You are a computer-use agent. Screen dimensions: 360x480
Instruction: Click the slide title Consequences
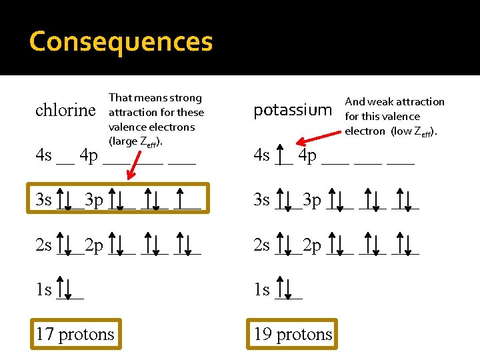(121, 42)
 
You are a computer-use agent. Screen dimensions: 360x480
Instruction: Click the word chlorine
(65, 110)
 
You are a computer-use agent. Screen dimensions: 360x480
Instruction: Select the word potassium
(292, 110)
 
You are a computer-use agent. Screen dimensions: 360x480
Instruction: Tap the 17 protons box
(75, 334)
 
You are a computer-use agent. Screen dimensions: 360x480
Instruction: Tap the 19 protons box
(293, 334)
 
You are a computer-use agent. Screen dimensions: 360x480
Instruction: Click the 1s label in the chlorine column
(44, 290)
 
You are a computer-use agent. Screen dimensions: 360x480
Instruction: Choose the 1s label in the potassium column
(261, 290)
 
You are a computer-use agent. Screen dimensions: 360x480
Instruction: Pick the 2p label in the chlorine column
(94, 245)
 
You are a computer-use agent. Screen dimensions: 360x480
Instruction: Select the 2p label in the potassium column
(312, 245)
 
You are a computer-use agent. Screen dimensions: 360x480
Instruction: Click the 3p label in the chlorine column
(94, 200)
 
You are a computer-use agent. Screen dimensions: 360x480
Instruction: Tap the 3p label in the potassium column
(312, 200)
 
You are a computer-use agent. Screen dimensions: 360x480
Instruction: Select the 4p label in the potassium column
(307, 156)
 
